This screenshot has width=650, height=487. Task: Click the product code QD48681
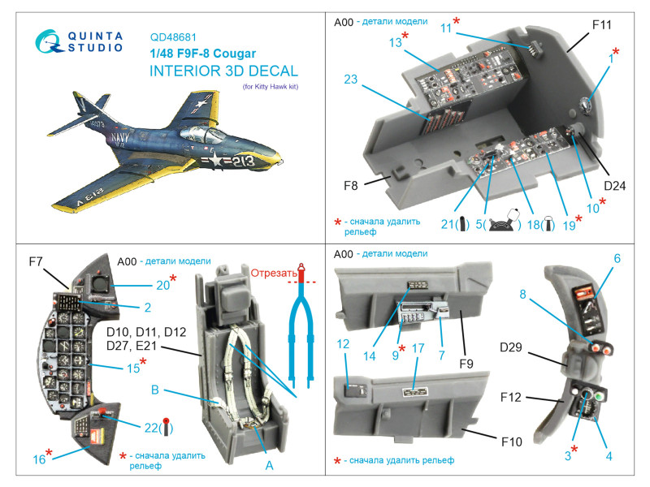(174, 37)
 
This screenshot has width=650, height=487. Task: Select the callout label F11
(601, 25)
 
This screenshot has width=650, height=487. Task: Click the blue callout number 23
(351, 80)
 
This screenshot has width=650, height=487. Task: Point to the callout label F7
(35, 261)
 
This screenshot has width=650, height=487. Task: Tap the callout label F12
(509, 399)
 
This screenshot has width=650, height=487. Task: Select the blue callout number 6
(617, 258)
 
